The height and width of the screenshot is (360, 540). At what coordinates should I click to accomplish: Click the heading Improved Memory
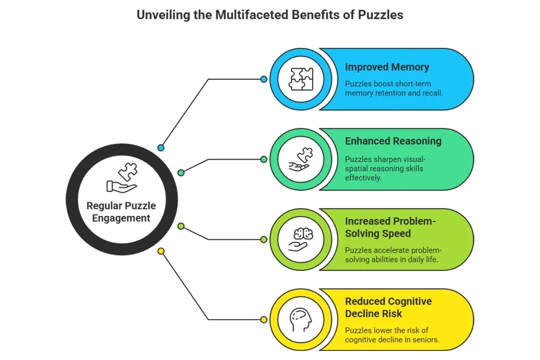[387, 67]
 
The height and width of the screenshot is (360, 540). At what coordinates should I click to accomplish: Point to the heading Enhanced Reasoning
[393, 141]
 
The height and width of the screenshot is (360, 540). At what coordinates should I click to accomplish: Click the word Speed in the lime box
[394, 234]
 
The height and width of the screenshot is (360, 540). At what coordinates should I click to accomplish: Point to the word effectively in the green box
[363, 178]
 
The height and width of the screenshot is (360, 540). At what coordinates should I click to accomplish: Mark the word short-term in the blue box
[413, 84]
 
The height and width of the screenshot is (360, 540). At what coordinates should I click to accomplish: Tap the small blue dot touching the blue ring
[264, 79]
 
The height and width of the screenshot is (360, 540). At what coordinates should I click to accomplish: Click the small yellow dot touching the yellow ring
[264, 320]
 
